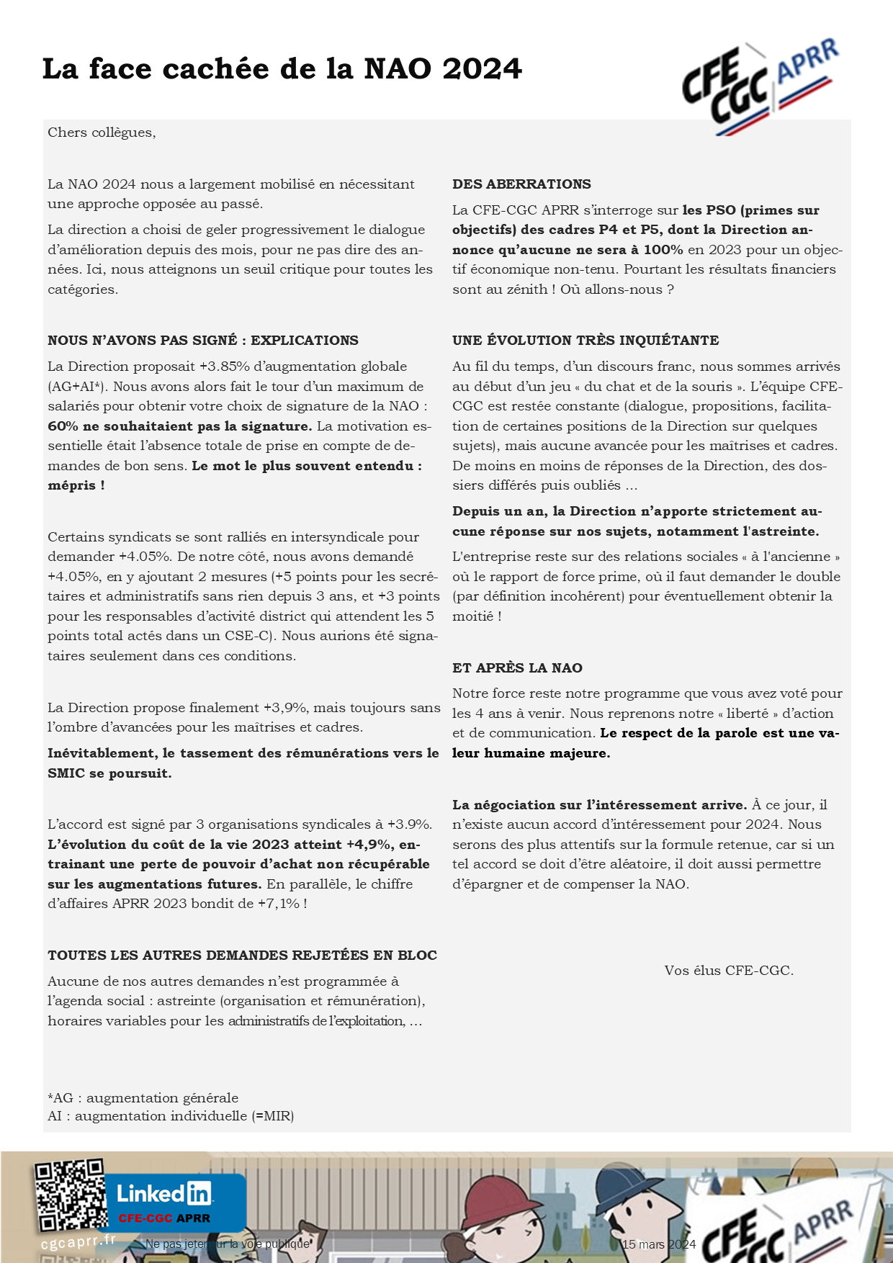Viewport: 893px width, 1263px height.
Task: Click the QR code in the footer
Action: (x=70, y=1195)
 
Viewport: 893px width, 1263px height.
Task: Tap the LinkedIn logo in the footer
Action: (x=164, y=1194)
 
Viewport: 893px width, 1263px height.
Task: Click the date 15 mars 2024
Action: (x=659, y=1244)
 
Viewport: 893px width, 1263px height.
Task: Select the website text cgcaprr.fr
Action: (x=78, y=1241)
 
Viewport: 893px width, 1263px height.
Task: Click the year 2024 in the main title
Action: (x=482, y=69)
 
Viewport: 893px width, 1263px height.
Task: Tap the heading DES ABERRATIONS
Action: (x=521, y=184)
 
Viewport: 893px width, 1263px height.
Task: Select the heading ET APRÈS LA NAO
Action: (x=517, y=668)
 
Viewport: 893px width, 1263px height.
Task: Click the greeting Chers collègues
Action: (x=102, y=132)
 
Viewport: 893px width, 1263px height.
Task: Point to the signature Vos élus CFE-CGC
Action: (x=729, y=971)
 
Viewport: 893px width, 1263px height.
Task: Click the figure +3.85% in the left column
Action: (x=225, y=367)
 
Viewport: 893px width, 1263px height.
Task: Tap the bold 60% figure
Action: (x=63, y=426)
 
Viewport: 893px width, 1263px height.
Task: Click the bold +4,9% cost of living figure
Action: (x=369, y=845)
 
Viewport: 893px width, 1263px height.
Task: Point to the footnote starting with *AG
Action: (x=143, y=1098)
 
